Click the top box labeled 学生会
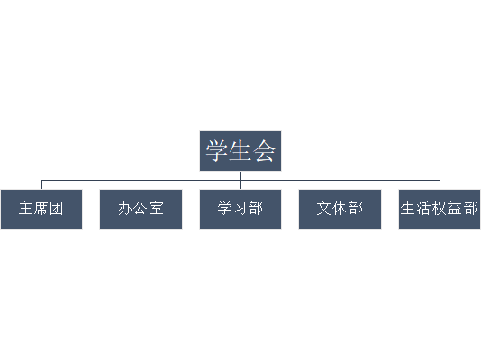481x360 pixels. [x=240, y=151]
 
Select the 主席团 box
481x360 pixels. [x=41, y=210]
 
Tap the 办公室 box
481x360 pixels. [x=141, y=210]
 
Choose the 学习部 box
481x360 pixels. [x=240, y=210]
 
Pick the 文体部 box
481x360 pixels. [x=340, y=210]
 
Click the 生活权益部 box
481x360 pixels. [x=440, y=210]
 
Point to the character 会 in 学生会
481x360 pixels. [x=264, y=150]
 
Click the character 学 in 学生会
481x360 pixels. [x=216, y=150]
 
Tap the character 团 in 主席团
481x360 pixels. [x=57, y=208]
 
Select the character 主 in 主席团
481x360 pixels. [x=26, y=208]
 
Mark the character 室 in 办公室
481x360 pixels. [x=157, y=208]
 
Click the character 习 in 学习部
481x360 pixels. [x=240, y=208]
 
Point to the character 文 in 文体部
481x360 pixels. [x=324, y=208]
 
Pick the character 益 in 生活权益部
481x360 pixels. [x=455, y=208]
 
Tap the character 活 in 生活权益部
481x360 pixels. [x=423, y=208]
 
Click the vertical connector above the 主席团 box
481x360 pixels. [x=41, y=184]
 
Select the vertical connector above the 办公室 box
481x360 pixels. [x=141, y=184]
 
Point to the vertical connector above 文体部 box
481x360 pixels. [x=340, y=184]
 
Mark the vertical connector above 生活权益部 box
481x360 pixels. [x=440, y=184]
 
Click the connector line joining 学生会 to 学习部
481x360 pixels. [x=240, y=181]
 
